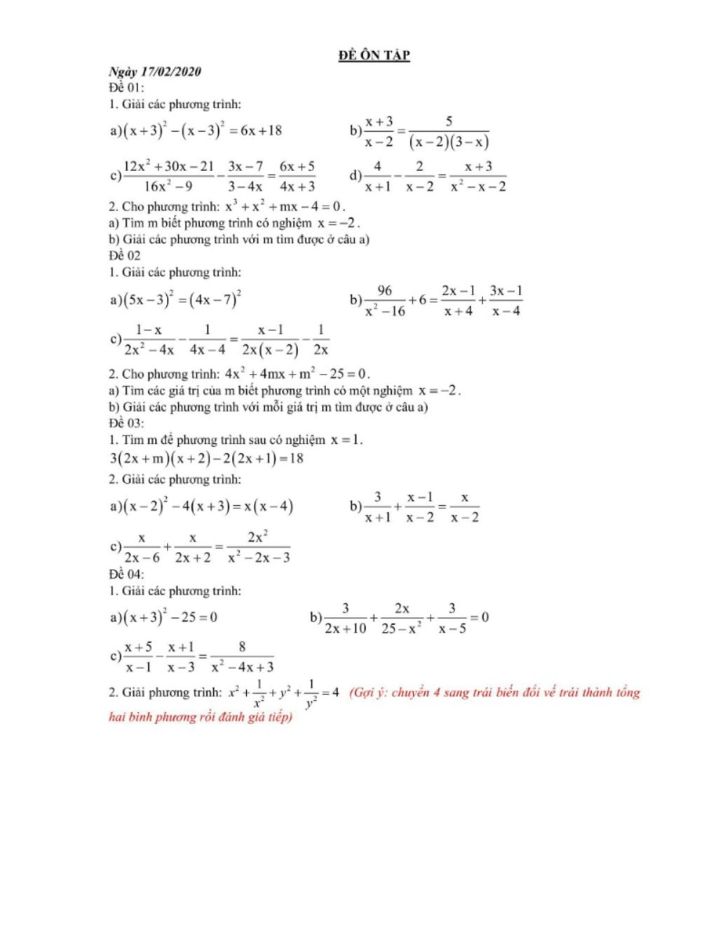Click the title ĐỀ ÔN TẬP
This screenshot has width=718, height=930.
[x=374, y=55]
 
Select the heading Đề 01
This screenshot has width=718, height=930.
[x=126, y=88]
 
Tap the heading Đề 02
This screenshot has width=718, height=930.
[x=125, y=256]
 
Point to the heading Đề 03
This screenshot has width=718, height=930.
[x=126, y=423]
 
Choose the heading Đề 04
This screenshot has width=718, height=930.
[x=126, y=574]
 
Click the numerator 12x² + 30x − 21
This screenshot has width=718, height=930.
[x=168, y=167]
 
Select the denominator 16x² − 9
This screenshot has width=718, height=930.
[x=168, y=187]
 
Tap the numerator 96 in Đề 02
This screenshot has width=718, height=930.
[x=384, y=290]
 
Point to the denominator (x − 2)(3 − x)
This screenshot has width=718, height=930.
[x=449, y=142]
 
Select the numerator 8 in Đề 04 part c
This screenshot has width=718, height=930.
[x=242, y=647]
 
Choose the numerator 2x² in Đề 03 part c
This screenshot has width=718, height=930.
[x=258, y=537]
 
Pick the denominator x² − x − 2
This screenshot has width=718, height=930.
[x=478, y=187]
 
